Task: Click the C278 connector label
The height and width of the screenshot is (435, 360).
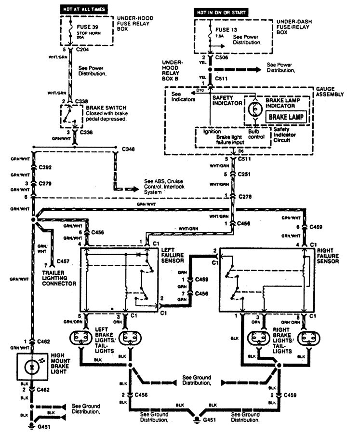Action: pos(245,196)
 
